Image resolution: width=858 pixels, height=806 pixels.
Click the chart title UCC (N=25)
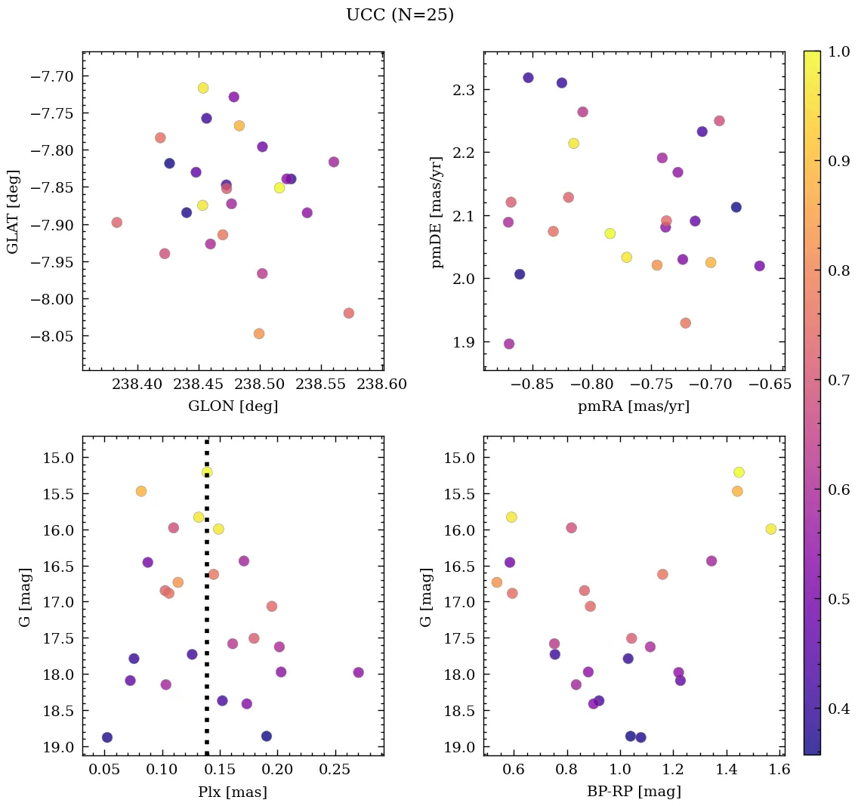400,15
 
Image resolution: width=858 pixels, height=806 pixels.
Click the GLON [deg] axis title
233,406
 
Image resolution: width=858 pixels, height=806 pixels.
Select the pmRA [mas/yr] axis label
633,406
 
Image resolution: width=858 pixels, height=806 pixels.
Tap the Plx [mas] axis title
233,792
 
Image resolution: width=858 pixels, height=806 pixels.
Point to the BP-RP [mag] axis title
633,792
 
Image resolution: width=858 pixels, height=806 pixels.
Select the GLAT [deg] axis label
13,212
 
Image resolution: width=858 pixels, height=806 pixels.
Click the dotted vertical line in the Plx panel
207,604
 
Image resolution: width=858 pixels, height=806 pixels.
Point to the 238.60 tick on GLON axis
381,384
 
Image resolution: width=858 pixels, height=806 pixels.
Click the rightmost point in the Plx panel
358,672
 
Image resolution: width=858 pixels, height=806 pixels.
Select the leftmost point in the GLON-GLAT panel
116,222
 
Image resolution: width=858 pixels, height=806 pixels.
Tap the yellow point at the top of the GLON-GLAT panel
203,88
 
